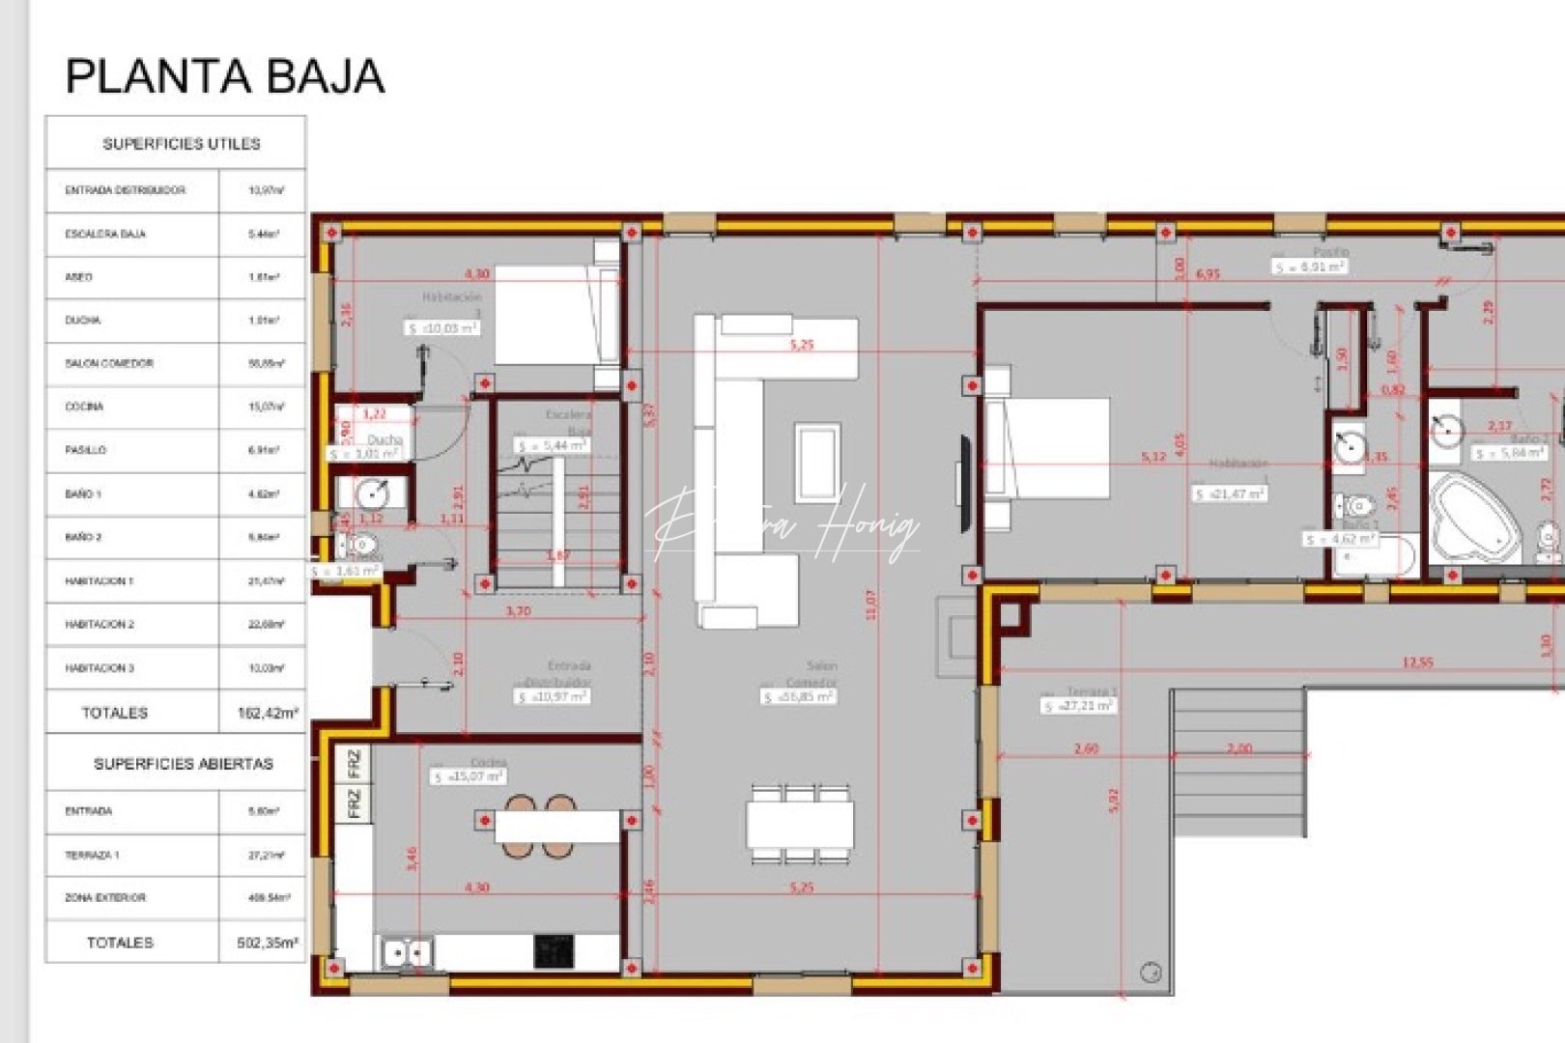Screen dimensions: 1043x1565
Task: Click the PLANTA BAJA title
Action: pos(224,76)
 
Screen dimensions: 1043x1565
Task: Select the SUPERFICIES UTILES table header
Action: pos(181,144)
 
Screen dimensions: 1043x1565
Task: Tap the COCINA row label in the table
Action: pos(84,407)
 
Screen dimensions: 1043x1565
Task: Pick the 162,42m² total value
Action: pos(268,713)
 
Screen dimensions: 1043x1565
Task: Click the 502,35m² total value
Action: pos(268,943)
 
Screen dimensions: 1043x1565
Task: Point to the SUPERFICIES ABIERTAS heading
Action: pos(183,764)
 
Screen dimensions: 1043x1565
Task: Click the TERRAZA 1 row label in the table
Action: pos(92,855)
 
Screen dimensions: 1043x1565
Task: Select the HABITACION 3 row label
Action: pos(100,668)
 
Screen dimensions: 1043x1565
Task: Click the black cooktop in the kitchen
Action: pos(554,951)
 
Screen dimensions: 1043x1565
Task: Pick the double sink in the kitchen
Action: pos(407,953)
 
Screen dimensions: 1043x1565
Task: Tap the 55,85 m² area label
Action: pos(799,696)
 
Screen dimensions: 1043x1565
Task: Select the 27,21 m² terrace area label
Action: pos(1078,706)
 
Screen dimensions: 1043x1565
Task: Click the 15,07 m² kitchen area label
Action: pos(469,776)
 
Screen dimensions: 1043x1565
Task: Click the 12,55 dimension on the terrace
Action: pos(1417,662)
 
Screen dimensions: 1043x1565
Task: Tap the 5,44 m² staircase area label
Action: pos(553,446)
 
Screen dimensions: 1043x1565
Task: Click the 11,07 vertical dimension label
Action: pos(871,606)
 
